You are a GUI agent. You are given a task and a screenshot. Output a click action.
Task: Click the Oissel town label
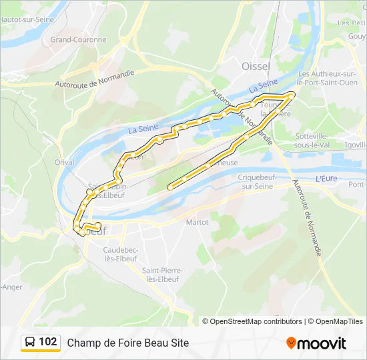click(x=256, y=66)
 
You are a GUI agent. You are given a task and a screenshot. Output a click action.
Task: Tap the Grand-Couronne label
click(x=79, y=39)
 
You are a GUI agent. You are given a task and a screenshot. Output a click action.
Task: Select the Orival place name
click(x=65, y=161)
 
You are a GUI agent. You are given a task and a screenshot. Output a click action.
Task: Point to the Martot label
click(x=198, y=222)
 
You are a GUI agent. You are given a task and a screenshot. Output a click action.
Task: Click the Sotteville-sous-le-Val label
click(x=316, y=139)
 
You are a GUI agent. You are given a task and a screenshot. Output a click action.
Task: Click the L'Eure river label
click(x=326, y=179)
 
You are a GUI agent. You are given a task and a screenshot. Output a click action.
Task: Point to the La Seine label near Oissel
click(x=263, y=86)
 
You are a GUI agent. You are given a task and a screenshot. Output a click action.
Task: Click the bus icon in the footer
click(x=30, y=343)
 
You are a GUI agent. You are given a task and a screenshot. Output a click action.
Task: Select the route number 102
click(x=48, y=342)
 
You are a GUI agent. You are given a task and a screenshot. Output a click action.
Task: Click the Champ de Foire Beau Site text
click(x=128, y=343)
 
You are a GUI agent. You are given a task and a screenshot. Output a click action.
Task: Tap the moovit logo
click(x=316, y=343)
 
